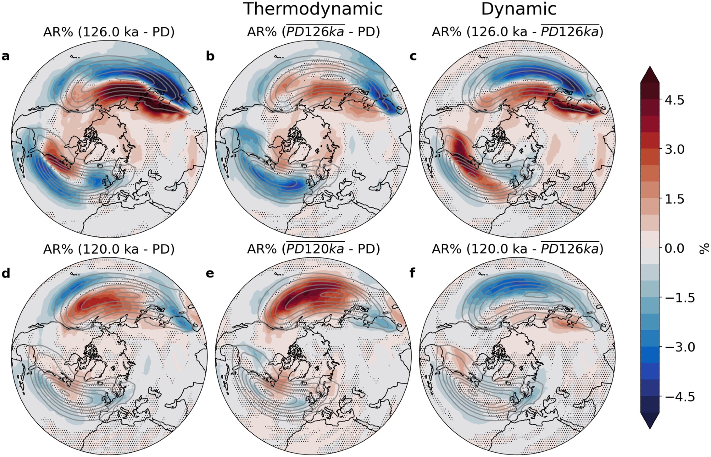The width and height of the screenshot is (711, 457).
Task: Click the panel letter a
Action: (x=6, y=56)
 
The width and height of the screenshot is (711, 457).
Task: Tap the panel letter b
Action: (x=210, y=56)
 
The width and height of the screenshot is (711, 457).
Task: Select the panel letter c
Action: (x=413, y=56)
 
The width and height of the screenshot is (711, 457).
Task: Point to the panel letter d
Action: (x=6, y=274)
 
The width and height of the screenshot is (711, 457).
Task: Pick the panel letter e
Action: (x=210, y=274)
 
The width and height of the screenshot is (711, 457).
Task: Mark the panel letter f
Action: (x=412, y=274)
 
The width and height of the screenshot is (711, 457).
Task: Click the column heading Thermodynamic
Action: (x=313, y=9)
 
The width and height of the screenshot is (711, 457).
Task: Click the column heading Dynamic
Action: (x=518, y=9)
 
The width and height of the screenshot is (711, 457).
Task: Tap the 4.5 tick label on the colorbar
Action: (x=674, y=100)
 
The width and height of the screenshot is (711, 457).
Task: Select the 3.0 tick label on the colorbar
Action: (x=674, y=149)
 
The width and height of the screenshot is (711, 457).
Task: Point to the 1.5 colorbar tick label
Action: (x=674, y=199)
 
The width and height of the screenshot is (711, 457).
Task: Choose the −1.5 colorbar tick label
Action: (x=679, y=298)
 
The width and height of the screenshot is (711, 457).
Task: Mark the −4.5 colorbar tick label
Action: (x=679, y=397)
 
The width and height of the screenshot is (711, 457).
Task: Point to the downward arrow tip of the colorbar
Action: (x=650, y=428)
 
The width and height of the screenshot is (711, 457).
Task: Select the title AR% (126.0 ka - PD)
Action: (x=109, y=32)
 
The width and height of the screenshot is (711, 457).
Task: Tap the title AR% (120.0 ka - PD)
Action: (x=109, y=249)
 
